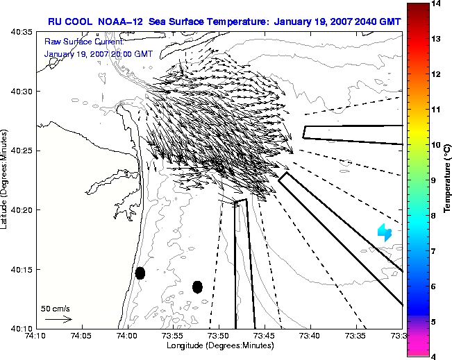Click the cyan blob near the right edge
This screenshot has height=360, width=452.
coord(385,232)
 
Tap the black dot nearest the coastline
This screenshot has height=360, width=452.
coord(140,273)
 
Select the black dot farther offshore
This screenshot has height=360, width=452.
coord(197,287)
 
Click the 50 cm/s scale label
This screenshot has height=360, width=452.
coord(56,309)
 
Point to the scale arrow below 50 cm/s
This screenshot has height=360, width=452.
coord(58,319)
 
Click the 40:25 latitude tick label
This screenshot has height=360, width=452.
coord(22,151)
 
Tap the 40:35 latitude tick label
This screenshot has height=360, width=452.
coord(22,32)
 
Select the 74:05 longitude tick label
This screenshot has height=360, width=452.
coord(82,336)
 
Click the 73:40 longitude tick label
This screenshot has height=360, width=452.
coord(311,336)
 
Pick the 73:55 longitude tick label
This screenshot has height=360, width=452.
coord(174,336)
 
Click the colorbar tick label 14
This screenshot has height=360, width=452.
coord(435,3)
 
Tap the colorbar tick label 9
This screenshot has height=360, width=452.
coord(433,180)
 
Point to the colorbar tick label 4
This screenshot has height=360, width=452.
coord(433,357)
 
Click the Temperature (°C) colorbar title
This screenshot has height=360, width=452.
coord(447,178)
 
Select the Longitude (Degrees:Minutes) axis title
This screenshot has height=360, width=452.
coord(220,345)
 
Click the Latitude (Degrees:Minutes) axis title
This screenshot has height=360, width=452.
coord(3,179)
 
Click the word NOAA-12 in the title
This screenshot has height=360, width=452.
coord(120,22)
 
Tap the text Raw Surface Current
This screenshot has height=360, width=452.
coord(84,42)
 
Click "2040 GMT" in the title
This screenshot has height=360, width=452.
coord(378,22)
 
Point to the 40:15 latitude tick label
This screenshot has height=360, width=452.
coord(22,270)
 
